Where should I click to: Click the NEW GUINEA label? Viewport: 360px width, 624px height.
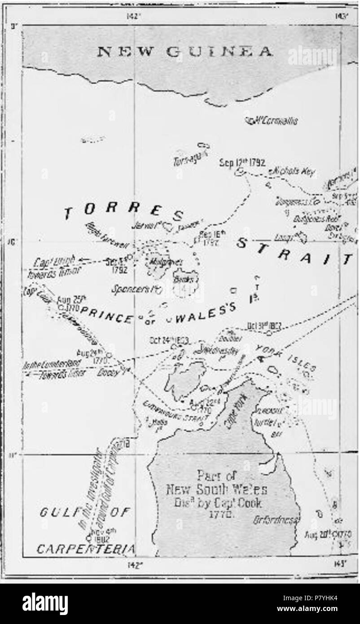(x=184, y=52)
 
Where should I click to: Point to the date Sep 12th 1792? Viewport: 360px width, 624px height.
(x=242, y=163)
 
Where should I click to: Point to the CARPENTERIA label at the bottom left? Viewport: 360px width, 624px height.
(x=86, y=549)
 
